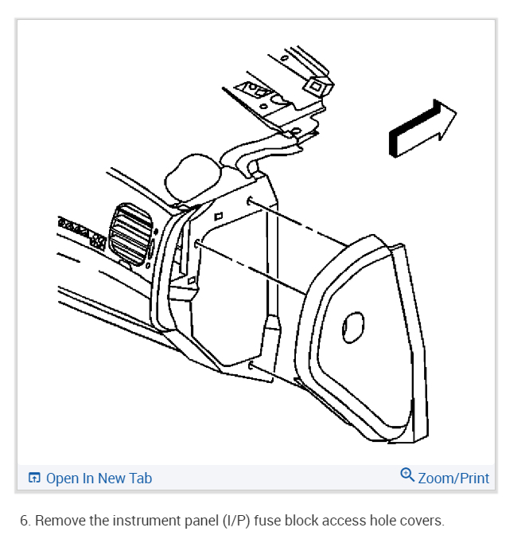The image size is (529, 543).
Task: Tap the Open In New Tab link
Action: (90, 479)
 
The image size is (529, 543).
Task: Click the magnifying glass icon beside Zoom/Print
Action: (407, 476)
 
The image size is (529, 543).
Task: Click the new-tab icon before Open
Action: (34, 479)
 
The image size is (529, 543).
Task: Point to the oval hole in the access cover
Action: (352, 327)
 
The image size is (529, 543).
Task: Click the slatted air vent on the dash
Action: (131, 234)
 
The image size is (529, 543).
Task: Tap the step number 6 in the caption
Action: (24, 522)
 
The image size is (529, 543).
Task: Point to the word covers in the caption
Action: (422, 522)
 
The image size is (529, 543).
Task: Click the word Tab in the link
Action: (139, 479)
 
